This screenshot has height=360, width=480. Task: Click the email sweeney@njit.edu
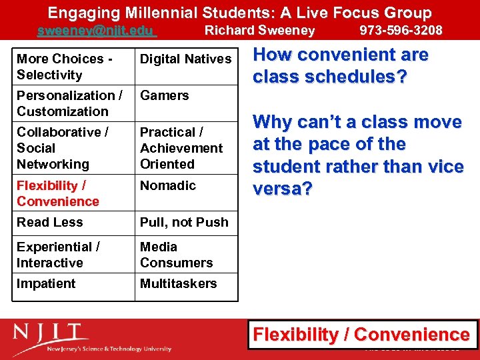pyautogui.click(x=95, y=31)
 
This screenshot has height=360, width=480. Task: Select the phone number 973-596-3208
pyautogui.click(x=401, y=31)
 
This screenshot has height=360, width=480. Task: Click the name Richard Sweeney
pyautogui.click(x=259, y=31)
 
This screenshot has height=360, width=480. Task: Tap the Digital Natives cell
pyautogui.click(x=185, y=59)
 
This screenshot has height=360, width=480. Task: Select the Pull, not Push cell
pyautogui.click(x=184, y=223)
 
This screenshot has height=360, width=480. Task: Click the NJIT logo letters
pyautogui.click(x=50, y=333)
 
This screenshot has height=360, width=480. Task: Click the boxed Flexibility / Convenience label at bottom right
pyautogui.click(x=362, y=335)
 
